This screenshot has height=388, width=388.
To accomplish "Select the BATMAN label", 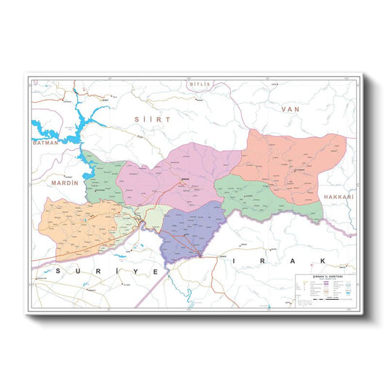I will click(x=45, y=144).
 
